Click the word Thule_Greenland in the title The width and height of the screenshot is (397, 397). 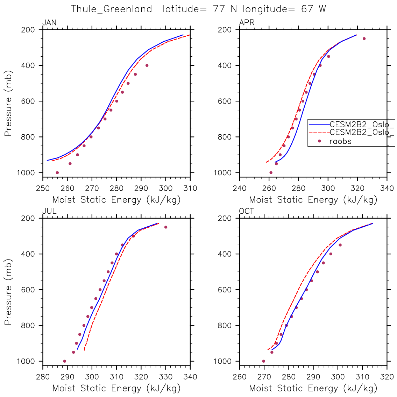(x=112, y=9)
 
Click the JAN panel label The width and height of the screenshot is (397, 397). (x=49, y=23)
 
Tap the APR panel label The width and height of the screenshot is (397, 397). (x=247, y=23)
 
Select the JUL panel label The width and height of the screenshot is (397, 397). (x=49, y=211)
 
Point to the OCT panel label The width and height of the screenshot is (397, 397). (x=247, y=211)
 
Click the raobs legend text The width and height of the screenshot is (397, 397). (x=340, y=141)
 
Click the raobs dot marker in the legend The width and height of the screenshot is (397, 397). (x=319, y=141)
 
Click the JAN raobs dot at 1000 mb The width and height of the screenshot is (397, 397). (x=57, y=172)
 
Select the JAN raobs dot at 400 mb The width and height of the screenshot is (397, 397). (x=147, y=65)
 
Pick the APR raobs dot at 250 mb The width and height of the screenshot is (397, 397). (x=364, y=38)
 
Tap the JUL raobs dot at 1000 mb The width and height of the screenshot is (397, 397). (x=65, y=361)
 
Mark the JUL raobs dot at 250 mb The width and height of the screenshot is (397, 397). (x=166, y=227)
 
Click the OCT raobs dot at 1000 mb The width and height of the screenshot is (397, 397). (x=264, y=361)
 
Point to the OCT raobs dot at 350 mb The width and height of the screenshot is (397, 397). (x=340, y=245)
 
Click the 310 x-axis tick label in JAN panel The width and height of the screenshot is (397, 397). (x=190, y=189)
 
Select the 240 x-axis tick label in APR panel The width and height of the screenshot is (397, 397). (x=240, y=189)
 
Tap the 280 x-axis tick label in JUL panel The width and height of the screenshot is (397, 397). (x=43, y=377)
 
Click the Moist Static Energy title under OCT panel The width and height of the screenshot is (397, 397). (x=313, y=388)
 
